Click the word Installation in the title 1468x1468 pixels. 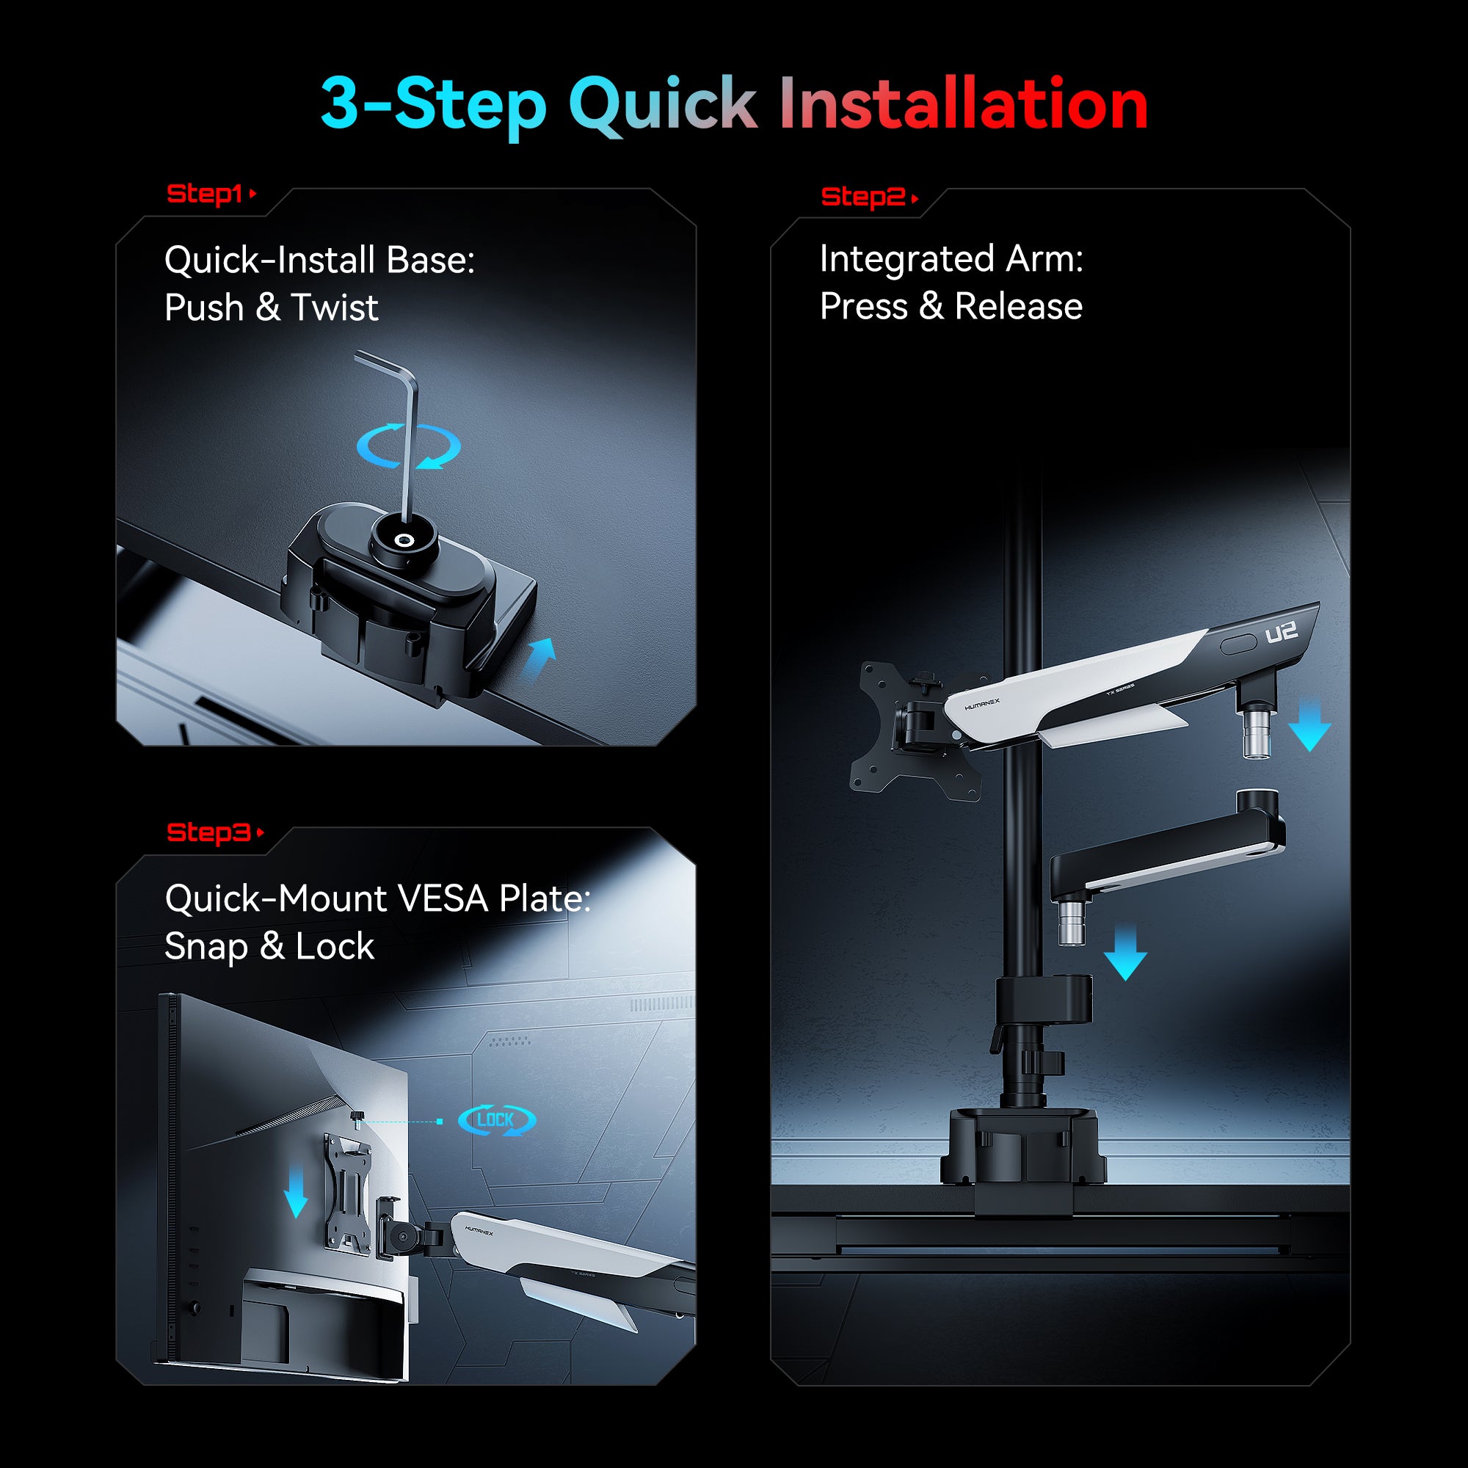(963, 104)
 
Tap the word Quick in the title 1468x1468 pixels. (662, 104)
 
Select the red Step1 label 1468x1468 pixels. (204, 194)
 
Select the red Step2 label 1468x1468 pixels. (862, 197)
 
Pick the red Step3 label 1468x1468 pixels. (208, 832)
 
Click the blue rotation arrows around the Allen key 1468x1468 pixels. (409, 446)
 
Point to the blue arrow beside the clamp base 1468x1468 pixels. (539, 658)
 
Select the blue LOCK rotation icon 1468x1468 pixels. (496, 1119)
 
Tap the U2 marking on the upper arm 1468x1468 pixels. (1281, 632)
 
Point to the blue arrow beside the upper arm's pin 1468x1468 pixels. (1309, 727)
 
